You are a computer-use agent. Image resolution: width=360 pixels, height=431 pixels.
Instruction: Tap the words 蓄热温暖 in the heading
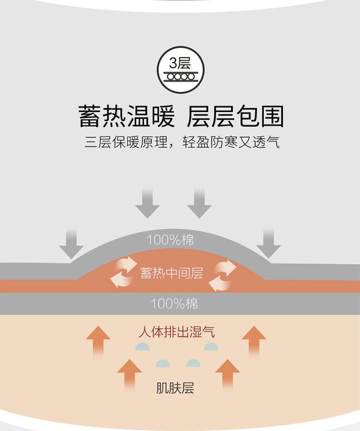(x=126, y=116)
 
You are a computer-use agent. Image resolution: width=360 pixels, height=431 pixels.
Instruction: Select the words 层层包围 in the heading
(x=236, y=116)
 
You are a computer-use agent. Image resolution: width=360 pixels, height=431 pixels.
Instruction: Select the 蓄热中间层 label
(x=172, y=273)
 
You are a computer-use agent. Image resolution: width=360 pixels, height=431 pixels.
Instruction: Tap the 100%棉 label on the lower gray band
(x=174, y=303)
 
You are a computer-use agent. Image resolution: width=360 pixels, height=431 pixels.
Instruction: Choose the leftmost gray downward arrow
(x=71, y=242)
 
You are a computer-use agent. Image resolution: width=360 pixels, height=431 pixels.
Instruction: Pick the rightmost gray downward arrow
(x=268, y=242)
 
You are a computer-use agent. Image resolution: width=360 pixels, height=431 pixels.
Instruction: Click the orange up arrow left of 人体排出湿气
(x=98, y=340)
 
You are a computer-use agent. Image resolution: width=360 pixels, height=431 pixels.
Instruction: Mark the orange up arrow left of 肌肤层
(x=130, y=373)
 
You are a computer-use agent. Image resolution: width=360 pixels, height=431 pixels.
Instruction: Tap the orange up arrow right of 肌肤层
(x=228, y=373)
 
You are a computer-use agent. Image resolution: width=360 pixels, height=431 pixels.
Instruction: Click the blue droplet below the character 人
(x=143, y=347)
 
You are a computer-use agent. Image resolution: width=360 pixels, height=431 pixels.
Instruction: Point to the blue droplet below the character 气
(x=211, y=347)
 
